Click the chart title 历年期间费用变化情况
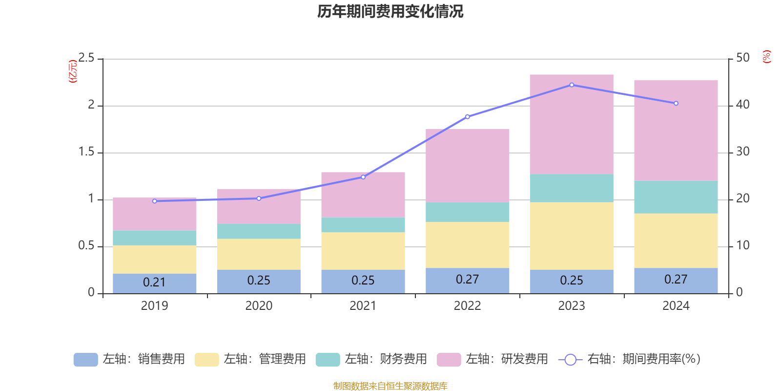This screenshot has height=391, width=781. (x=390, y=11)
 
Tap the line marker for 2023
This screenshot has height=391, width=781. (x=572, y=85)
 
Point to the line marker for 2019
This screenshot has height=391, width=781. (x=155, y=201)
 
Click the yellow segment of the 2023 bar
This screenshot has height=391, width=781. (x=572, y=236)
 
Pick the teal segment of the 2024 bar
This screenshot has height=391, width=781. (x=676, y=197)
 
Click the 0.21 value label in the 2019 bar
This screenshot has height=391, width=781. (x=154, y=282)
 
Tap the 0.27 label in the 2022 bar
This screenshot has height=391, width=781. (x=467, y=280)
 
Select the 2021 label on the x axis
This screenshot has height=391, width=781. (x=363, y=306)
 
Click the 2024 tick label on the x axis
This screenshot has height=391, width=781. (x=676, y=306)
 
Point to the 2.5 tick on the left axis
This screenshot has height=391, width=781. (x=86, y=58)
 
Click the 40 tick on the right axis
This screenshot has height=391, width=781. (x=742, y=105)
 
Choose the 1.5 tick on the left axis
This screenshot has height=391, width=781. (x=86, y=152)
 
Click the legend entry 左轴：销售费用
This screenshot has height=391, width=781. (x=129, y=359)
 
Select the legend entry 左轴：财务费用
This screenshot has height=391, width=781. (x=371, y=359)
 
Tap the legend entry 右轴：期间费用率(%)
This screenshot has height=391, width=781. (x=629, y=359)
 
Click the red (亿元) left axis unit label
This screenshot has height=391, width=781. (x=73, y=71)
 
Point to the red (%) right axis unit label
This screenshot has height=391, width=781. (x=766, y=57)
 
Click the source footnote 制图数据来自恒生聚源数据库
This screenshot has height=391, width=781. (x=390, y=386)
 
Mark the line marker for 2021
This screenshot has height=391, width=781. (x=363, y=177)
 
